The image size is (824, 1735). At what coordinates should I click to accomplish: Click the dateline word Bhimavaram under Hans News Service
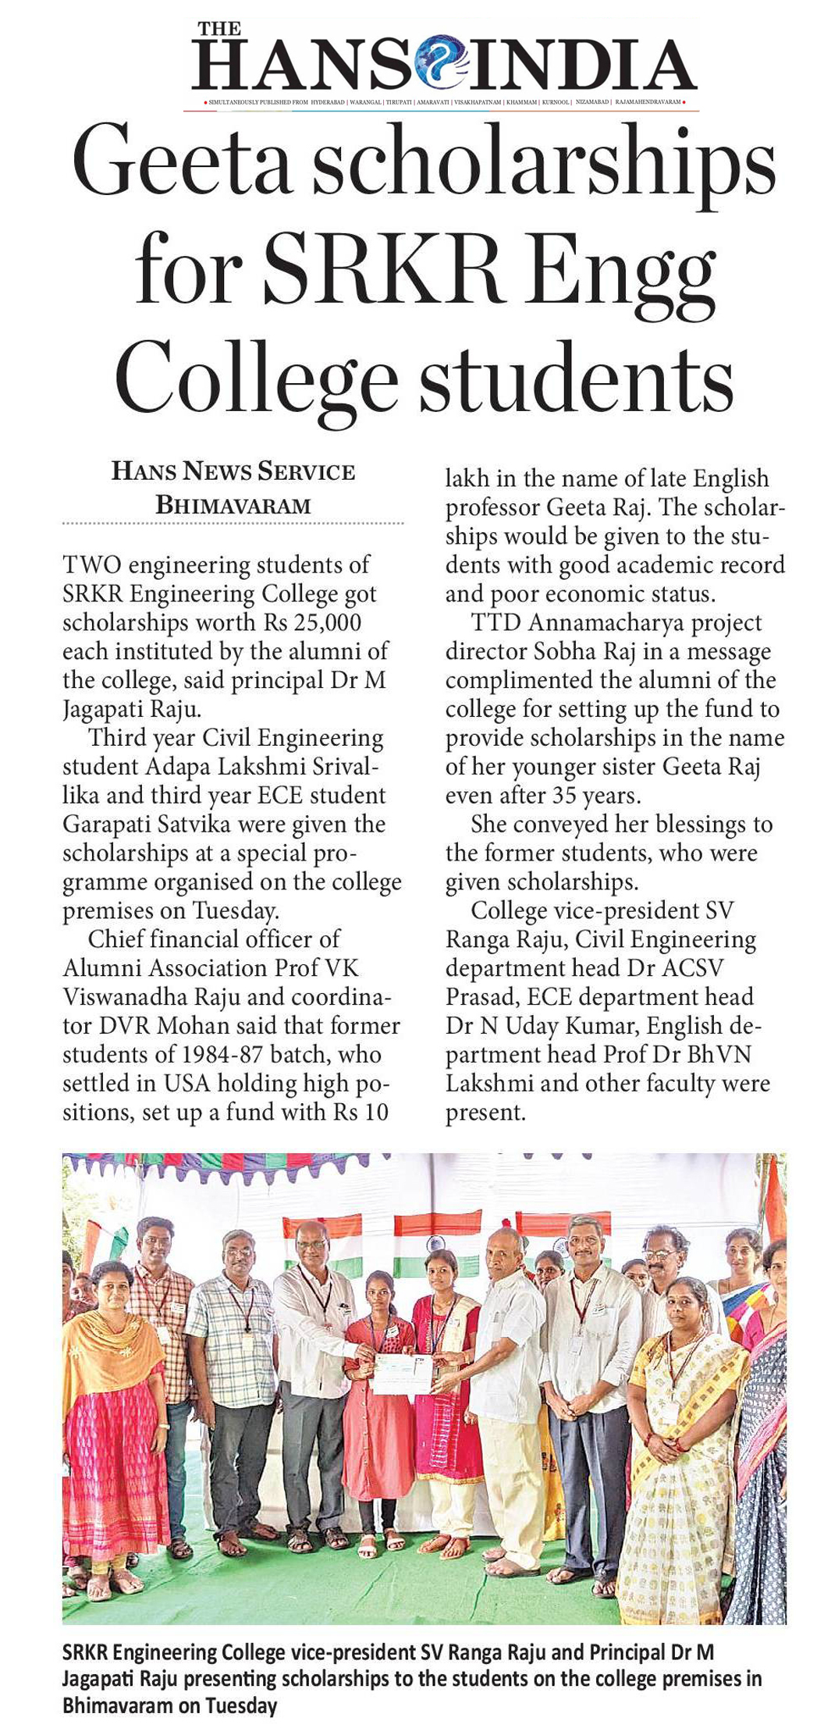point(233,506)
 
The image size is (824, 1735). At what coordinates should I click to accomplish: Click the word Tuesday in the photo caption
point(241,1706)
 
